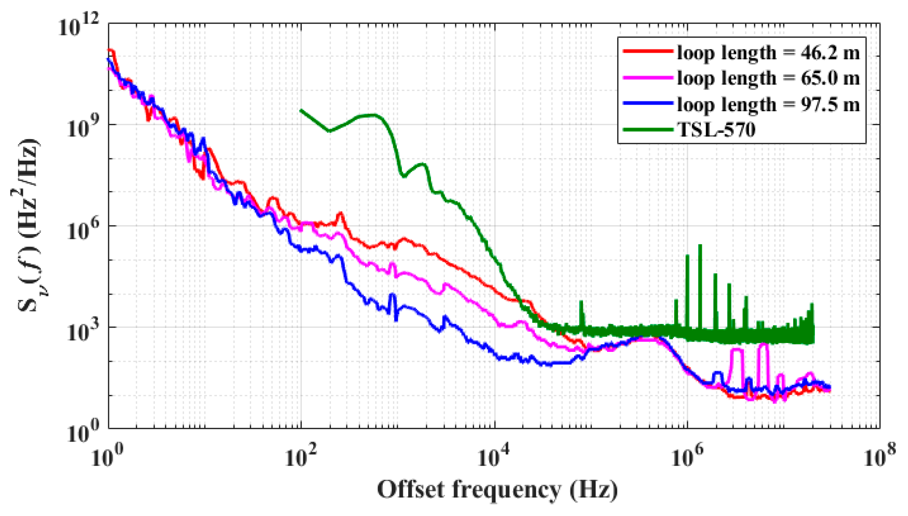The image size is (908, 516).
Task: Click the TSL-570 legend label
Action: tap(716, 130)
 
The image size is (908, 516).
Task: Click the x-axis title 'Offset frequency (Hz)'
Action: tap(497, 490)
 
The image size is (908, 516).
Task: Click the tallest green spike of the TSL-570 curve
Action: tap(700, 246)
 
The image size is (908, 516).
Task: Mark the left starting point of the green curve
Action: tap(301, 110)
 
